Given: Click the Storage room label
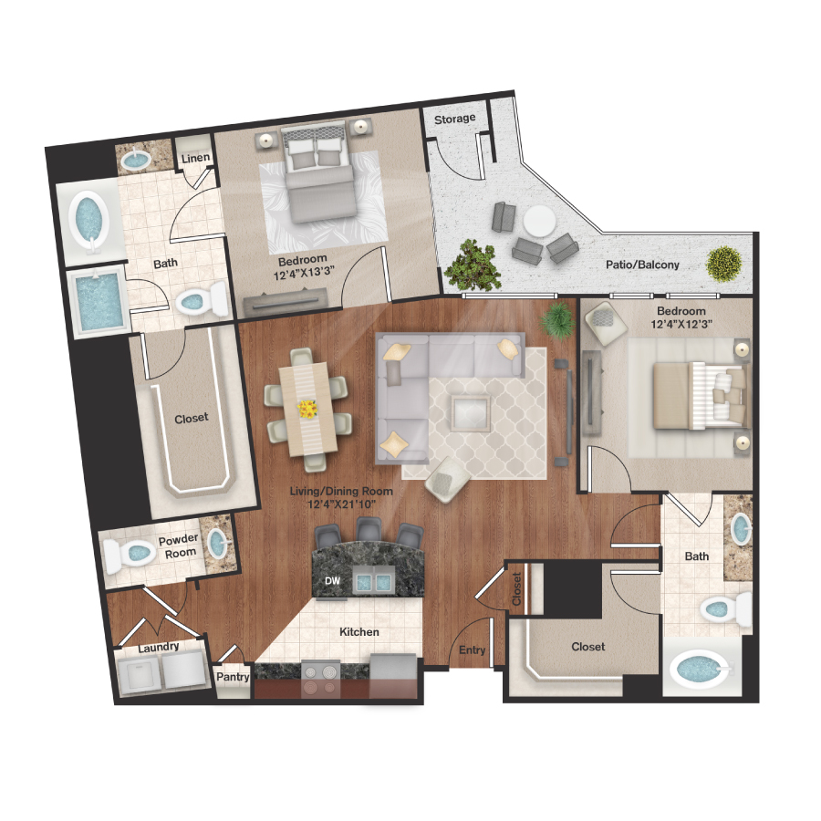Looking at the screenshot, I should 454,119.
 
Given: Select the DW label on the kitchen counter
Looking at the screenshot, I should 332,581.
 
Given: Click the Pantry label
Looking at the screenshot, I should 232,678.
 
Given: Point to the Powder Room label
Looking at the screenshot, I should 178,546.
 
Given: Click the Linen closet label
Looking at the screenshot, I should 195,159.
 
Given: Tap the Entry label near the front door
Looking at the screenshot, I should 473,650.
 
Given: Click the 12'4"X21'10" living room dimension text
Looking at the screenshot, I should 340,504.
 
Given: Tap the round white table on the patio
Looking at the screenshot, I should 538,221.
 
